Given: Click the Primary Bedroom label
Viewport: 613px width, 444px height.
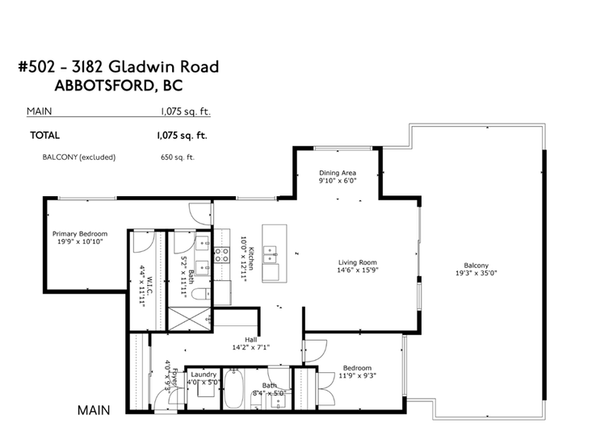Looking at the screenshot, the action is click(x=80, y=234).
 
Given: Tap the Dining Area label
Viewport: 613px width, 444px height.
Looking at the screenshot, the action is click(x=338, y=173).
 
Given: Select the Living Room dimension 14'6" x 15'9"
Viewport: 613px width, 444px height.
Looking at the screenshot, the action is click(x=358, y=270).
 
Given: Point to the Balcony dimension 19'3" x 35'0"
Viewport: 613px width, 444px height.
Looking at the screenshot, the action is click(x=476, y=273).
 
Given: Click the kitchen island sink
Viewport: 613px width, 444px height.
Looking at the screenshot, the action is click(x=270, y=254).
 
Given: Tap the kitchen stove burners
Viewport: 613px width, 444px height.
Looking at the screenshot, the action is click(x=221, y=255).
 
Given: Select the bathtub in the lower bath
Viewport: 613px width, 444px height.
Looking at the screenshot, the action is click(x=233, y=389).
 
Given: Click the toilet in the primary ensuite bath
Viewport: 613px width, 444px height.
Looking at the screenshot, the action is click(x=203, y=294).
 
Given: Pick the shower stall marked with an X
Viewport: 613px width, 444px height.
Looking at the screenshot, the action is click(x=189, y=320).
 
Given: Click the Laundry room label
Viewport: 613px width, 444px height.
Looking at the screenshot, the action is click(x=204, y=374).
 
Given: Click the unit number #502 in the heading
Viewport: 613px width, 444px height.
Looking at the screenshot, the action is click(x=36, y=66).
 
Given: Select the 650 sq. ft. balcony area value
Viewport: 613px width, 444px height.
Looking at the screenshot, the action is click(x=178, y=157).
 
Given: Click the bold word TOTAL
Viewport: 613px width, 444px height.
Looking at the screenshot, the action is click(x=45, y=136).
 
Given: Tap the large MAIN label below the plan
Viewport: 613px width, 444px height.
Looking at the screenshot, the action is click(x=94, y=410).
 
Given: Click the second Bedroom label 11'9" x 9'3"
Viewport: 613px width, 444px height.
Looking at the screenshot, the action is click(x=357, y=371).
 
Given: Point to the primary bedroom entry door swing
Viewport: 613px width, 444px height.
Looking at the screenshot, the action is click(x=199, y=214).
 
